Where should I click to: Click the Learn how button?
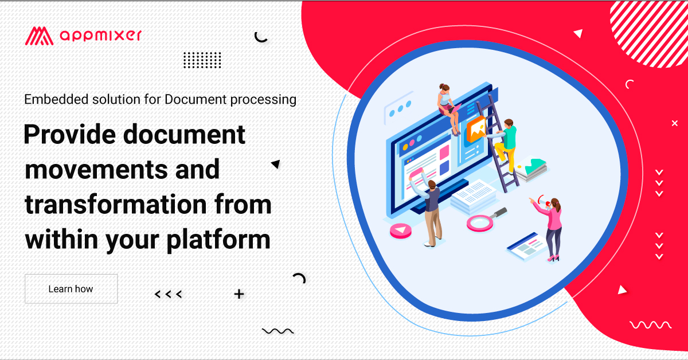71,289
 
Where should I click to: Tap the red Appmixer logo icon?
39,36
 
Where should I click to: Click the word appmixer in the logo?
100,36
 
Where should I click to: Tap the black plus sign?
239,295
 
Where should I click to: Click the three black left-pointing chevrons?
169,295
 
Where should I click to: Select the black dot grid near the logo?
202,60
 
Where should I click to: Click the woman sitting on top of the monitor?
448,104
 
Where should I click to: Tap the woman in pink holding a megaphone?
552,226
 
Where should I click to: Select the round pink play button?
401,231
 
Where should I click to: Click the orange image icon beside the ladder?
476,130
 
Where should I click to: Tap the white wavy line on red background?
650,325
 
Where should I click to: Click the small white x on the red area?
675,123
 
